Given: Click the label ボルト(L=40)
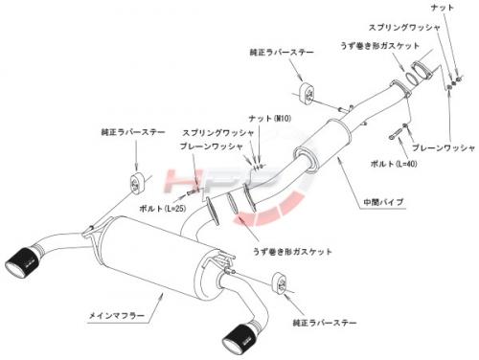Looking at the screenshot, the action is click(394, 164).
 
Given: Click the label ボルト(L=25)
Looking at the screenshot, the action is click(162, 209).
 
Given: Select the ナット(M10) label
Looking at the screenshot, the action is click(270, 119).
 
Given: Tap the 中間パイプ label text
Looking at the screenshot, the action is click(383, 202).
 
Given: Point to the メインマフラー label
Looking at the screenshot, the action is click(117, 316).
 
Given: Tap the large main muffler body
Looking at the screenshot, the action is click(153, 257).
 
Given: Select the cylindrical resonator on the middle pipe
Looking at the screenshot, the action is click(323, 146).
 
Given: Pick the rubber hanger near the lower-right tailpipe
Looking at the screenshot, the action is click(280, 282).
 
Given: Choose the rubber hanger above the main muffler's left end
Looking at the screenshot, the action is click(137, 184).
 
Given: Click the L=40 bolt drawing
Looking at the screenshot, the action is click(396, 133).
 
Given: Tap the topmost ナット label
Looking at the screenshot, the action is click(443, 8).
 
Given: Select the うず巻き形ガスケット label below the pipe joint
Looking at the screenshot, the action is click(292, 252).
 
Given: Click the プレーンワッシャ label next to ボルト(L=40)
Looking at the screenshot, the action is click(444, 147).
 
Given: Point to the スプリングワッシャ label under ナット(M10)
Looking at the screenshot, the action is click(218, 133).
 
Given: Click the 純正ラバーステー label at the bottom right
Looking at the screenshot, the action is click(325, 323).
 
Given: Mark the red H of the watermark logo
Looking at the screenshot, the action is click(184, 181).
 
